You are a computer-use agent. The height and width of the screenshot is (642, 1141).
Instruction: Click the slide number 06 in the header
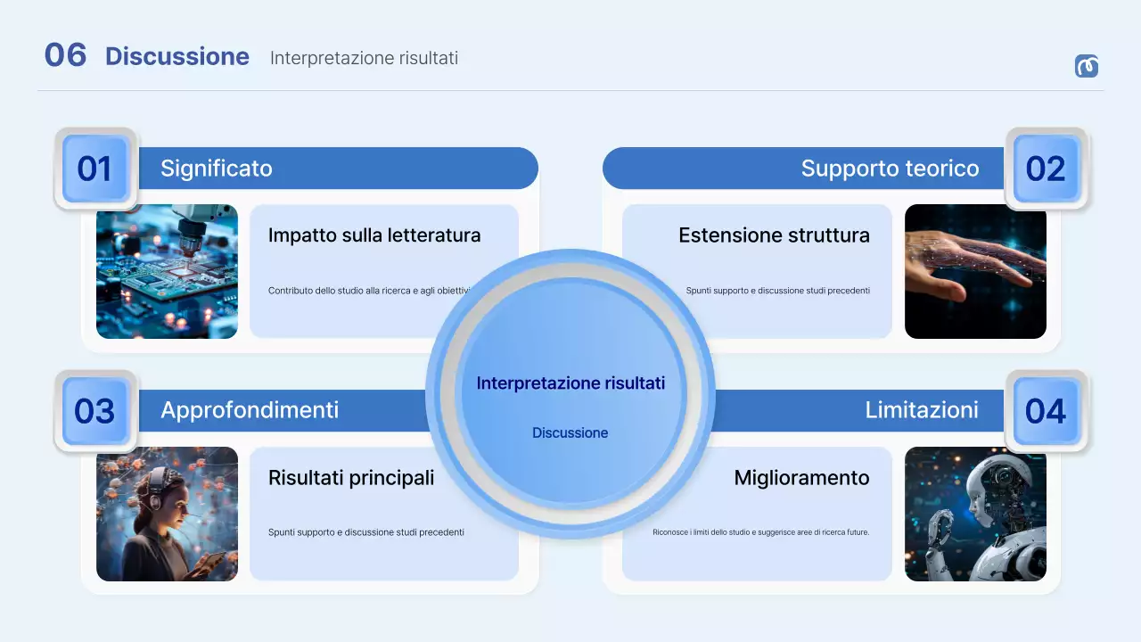[65, 55]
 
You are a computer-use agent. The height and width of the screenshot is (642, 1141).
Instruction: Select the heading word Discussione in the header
[177, 56]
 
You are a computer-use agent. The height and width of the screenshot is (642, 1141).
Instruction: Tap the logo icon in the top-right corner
[1087, 66]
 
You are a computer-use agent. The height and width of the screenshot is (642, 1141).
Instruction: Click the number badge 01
[94, 169]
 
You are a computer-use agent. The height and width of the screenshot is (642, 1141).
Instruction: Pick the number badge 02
[1046, 169]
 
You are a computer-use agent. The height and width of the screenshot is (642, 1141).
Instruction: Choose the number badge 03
[94, 411]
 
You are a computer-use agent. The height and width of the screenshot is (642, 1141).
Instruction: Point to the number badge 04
[1046, 411]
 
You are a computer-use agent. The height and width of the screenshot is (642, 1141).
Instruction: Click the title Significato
[217, 169]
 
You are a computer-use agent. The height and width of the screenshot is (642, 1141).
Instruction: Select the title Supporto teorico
[890, 169]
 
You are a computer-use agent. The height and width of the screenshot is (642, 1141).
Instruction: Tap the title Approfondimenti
[250, 410]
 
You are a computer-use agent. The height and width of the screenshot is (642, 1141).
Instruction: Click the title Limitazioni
[922, 410]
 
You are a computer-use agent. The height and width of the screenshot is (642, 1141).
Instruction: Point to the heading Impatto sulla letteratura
[374, 235]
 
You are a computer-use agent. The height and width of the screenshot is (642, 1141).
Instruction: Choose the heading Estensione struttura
[774, 235]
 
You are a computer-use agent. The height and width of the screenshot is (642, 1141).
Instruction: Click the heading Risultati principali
[351, 478]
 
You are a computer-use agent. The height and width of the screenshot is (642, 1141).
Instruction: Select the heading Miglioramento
[801, 478]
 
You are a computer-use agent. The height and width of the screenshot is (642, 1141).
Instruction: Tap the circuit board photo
[167, 272]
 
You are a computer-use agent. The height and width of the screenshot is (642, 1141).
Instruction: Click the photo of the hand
[975, 272]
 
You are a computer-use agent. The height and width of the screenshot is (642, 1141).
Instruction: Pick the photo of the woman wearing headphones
[167, 514]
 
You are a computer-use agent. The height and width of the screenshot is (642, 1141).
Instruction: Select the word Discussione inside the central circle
[570, 433]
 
